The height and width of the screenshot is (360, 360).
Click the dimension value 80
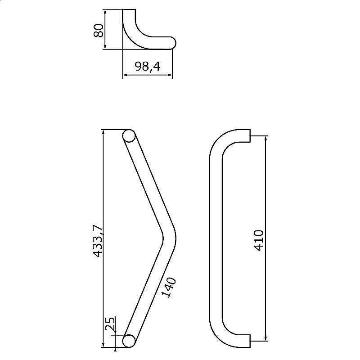click(x=99, y=30)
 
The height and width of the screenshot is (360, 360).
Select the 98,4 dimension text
click(x=148, y=67)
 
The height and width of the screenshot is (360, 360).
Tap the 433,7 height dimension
click(x=98, y=241)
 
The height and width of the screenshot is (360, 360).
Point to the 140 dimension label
click(x=169, y=287)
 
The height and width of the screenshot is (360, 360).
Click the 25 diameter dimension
click(x=110, y=324)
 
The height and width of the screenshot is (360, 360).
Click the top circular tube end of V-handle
click(x=129, y=136)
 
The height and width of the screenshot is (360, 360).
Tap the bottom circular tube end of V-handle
click(x=129, y=341)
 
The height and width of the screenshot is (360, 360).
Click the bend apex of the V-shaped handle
click(x=170, y=238)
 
